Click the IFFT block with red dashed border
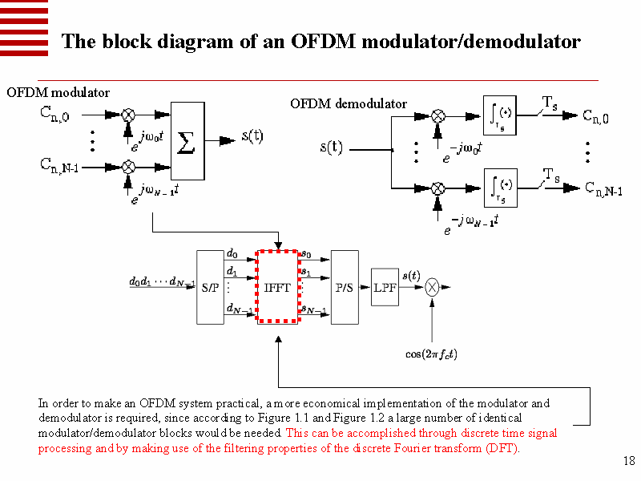[277, 287]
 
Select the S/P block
[210, 287]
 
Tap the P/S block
[345, 287]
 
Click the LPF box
[385, 288]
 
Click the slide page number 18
[628, 461]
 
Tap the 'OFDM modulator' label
[58, 93]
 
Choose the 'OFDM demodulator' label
[349, 103]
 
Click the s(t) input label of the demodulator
[332, 148]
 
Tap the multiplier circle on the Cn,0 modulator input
[128, 115]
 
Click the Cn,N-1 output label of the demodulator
[603, 189]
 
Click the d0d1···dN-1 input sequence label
[162, 282]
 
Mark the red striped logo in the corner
[24, 26]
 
